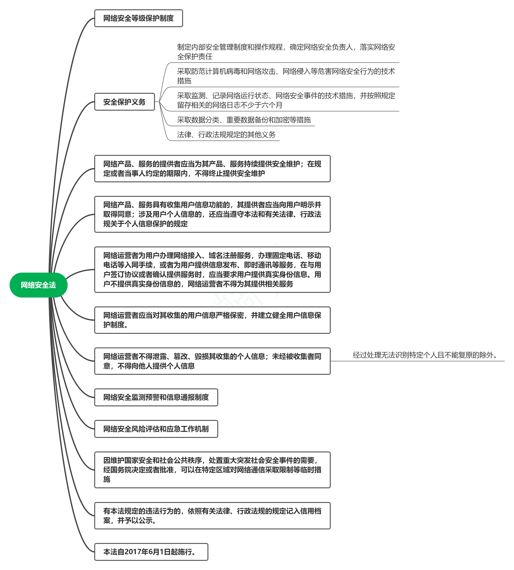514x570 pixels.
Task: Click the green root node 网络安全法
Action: pos(38,285)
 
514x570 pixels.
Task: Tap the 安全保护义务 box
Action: pos(125,102)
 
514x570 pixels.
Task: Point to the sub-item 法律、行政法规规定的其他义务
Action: pos(226,135)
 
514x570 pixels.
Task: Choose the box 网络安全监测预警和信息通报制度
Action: pos(156,397)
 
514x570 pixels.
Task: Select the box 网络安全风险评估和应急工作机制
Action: pos(156,429)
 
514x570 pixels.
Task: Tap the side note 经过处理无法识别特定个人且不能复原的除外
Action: pos(425,355)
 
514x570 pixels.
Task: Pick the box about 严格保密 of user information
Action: pos(212,320)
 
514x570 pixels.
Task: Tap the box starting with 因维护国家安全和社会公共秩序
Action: pos(212,470)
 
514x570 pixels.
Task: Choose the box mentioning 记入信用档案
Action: pos(212,516)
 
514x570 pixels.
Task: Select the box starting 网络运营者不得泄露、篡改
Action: pos(212,361)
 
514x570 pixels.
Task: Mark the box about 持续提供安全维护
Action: pos(212,169)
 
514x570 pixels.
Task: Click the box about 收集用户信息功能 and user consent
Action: pos(212,214)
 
